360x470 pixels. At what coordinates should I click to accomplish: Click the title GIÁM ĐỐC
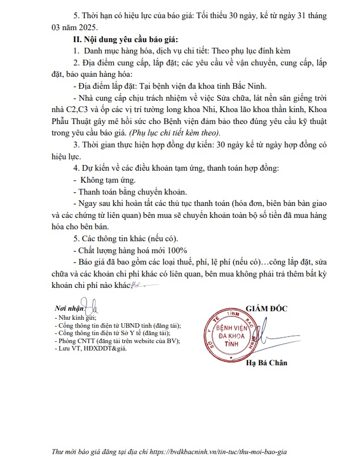266,308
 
